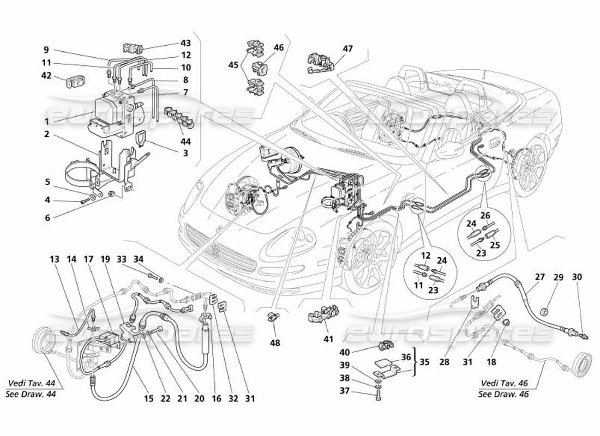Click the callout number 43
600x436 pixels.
185,43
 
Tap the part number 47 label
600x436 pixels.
348,49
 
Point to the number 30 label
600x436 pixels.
577,277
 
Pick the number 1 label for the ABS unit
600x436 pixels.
47,122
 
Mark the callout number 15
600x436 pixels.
148,398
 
